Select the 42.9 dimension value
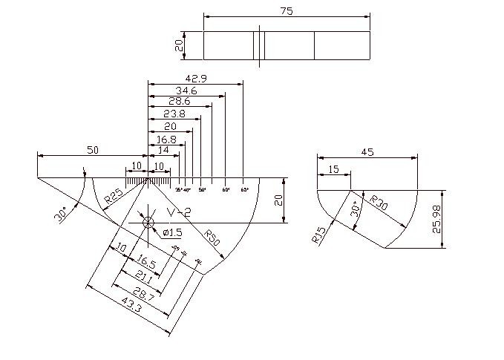196,78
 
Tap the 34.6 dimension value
186,91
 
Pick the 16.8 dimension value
167,139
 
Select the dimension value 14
163,150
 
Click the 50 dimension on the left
93,150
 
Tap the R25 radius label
113,197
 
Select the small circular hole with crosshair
148,222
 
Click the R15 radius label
319,235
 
